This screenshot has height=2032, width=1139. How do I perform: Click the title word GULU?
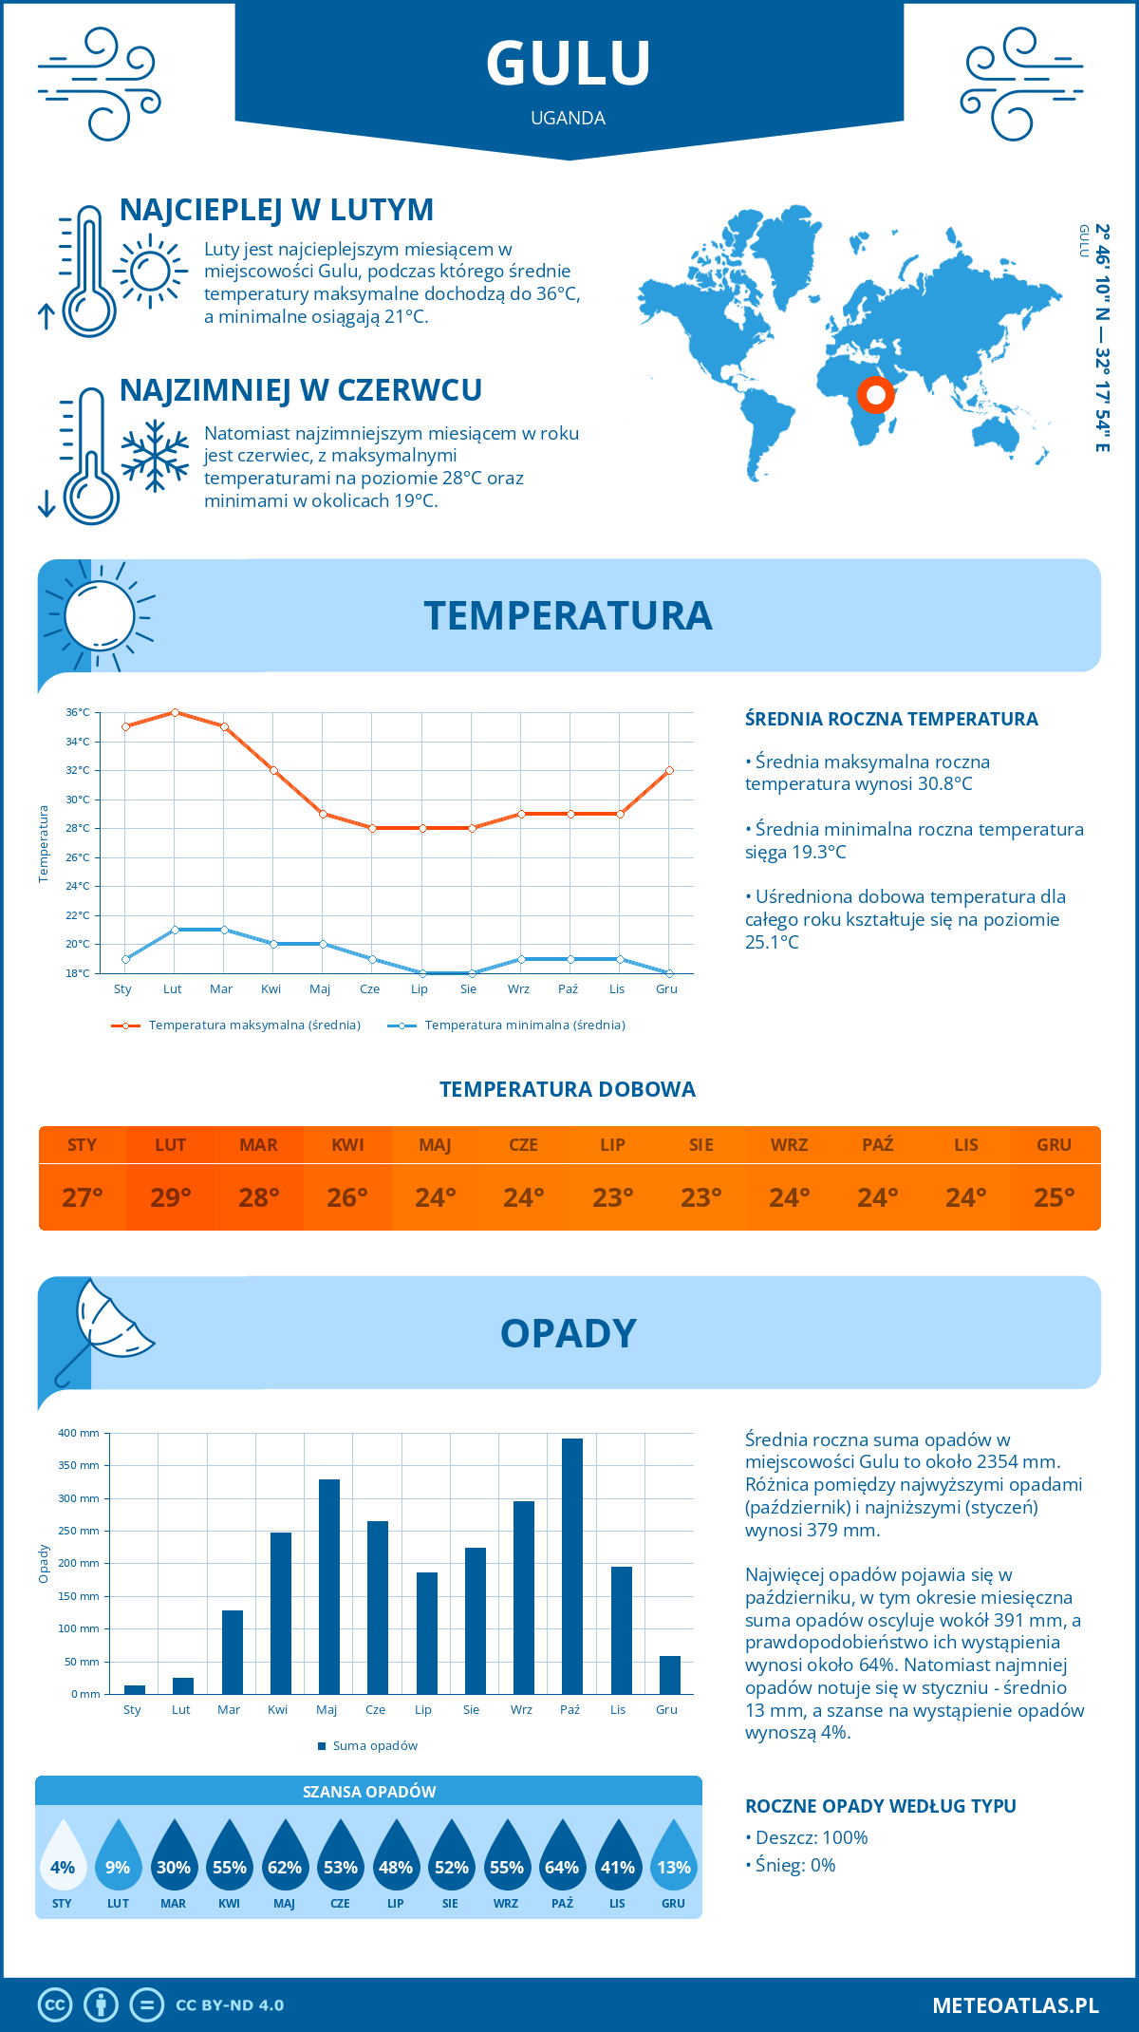[568, 64]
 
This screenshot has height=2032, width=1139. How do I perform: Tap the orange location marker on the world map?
[875, 394]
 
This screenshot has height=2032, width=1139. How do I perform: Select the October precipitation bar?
[571, 1566]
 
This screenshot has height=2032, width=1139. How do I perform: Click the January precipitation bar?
[135, 1689]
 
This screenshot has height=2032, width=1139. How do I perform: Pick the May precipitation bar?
[329, 1586]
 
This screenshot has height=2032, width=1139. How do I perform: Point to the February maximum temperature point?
[175, 712]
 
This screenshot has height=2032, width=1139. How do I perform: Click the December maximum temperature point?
[669, 770]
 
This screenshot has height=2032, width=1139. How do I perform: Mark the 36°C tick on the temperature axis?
[78, 712]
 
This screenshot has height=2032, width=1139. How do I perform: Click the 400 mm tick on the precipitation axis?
[79, 1433]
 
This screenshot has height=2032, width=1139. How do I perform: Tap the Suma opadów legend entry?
[374, 1746]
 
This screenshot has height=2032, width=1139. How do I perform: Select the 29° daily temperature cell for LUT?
[171, 1197]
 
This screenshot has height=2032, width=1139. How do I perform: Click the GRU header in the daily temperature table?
[1054, 1145]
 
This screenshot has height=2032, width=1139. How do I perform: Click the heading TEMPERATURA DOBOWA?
[568, 1089]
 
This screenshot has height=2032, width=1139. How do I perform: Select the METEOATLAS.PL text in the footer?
[1016, 2005]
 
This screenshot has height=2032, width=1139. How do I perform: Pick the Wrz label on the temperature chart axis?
[518, 989]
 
